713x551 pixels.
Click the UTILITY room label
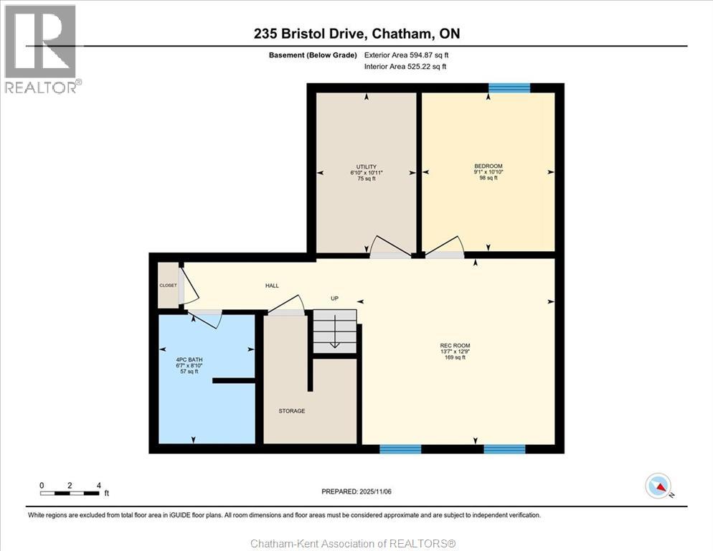[367, 167]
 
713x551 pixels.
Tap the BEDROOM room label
[488, 166]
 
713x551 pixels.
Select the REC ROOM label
[455, 345]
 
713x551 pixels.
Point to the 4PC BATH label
[189, 359]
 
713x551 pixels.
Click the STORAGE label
[292, 411]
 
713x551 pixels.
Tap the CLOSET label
[168, 286]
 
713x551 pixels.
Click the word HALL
[272, 286]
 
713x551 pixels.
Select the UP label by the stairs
[335, 298]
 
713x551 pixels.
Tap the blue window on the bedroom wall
[509, 88]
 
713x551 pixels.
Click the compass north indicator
[658, 486]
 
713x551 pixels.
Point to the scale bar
[69, 493]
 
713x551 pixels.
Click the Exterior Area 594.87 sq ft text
[406, 55]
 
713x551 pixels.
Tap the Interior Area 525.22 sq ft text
[405, 67]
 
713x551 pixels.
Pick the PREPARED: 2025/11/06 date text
[356, 491]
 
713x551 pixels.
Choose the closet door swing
[190, 286]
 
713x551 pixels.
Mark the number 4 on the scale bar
[99, 486]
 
